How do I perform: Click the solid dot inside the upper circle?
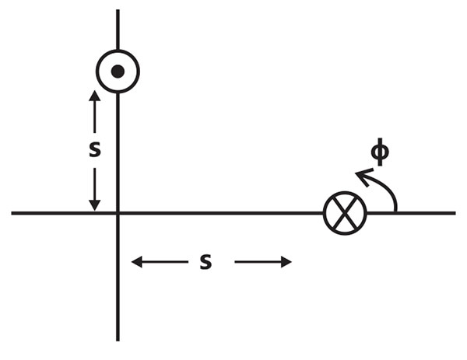[118, 72]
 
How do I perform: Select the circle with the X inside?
[345, 213]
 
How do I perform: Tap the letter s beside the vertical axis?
[95, 149]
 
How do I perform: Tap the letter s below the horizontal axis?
[205, 262]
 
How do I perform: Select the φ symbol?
[380, 152]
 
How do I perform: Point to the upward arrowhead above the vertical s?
[95, 96]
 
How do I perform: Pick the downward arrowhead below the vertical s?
[95, 205]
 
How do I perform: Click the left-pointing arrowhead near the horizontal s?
[137, 262]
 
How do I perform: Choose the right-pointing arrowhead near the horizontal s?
[286, 262]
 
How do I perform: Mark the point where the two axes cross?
[118, 213]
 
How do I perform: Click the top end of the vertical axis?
[118, 10]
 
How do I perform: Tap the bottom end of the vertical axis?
[118, 341]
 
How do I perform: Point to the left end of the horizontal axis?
[12, 213]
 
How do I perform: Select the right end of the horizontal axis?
[455, 213]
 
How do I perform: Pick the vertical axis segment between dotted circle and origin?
[118, 152]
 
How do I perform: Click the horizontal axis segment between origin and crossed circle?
[221, 213]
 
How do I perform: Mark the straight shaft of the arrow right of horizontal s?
[258, 262]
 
